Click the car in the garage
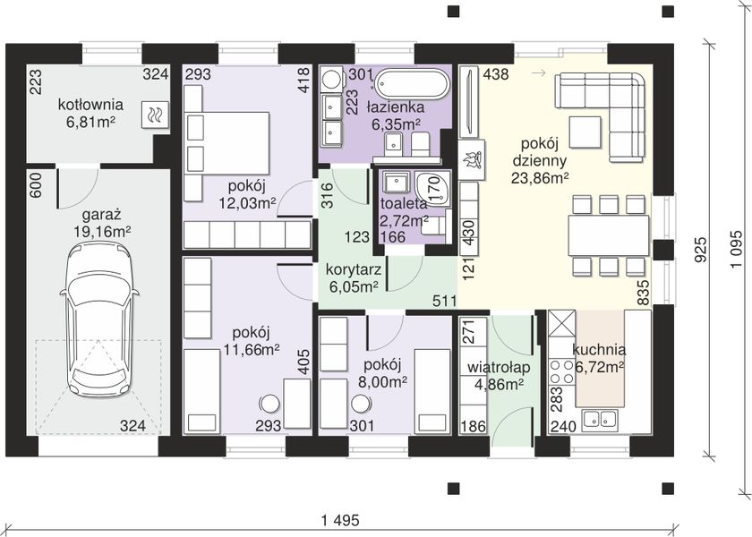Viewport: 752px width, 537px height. (x=99, y=320)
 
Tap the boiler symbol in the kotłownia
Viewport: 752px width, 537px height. (x=155, y=115)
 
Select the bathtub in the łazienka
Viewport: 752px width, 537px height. (x=411, y=84)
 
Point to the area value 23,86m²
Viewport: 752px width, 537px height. (x=540, y=178)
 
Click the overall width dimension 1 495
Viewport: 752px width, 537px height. (x=340, y=520)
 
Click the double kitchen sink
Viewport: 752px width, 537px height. (x=599, y=420)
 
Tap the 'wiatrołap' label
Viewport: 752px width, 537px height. (x=499, y=368)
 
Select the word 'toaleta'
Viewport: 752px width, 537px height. (x=404, y=203)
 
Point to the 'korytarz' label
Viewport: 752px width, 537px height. (x=354, y=269)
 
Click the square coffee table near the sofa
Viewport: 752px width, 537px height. (x=585, y=132)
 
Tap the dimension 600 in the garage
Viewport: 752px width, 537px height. (x=36, y=185)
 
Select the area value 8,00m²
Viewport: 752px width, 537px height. (x=383, y=381)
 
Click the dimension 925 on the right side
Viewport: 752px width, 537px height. (x=701, y=250)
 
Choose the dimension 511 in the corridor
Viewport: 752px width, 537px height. (x=445, y=301)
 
